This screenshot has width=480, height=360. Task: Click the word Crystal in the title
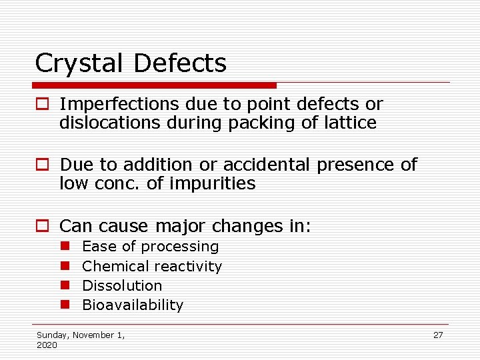(x=80, y=64)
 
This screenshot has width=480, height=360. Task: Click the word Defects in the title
(x=180, y=64)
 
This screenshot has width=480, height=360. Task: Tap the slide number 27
(x=438, y=335)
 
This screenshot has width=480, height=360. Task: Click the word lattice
(x=353, y=123)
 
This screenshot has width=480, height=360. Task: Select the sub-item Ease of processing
(x=150, y=247)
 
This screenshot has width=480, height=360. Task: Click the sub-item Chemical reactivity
(x=151, y=266)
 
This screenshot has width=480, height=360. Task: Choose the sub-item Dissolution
(x=122, y=285)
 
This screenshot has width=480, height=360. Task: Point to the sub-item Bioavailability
(x=132, y=305)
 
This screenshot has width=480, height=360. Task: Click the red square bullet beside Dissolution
(x=65, y=285)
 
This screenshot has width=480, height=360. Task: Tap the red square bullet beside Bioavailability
(x=65, y=305)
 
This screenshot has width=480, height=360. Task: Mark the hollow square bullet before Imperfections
(x=43, y=105)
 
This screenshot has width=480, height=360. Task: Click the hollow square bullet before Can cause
(x=43, y=227)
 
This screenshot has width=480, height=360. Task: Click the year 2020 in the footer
(x=47, y=345)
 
